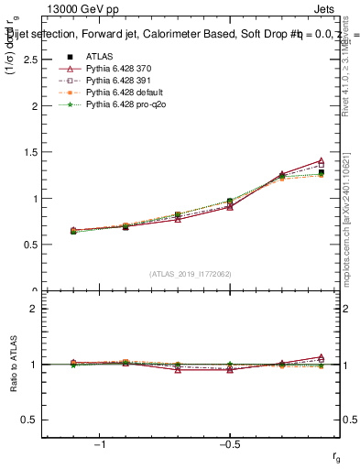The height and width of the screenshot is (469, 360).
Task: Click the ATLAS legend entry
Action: pyautogui.click(x=98, y=57)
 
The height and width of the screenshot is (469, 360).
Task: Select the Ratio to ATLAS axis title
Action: pyautogui.click(x=14, y=365)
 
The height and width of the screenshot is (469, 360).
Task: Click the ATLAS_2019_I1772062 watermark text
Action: pyautogui.click(x=191, y=273)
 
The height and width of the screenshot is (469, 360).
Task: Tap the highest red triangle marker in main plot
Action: pyautogui.click(x=321, y=161)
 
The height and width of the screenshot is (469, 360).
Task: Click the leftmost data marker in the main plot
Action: pyautogui.click(x=73, y=231)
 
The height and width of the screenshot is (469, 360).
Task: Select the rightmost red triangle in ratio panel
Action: pyautogui.click(x=321, y=357)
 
